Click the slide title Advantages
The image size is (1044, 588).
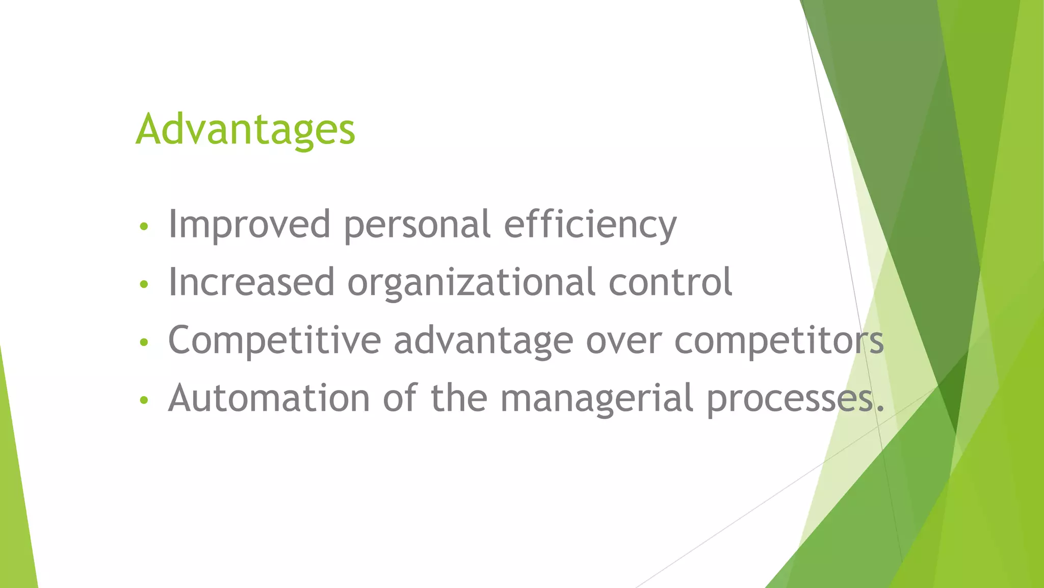pyautogui.click(x=245, y=130)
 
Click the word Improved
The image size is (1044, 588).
pyautogui.click(x=249, y=225)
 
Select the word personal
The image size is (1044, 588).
pyautogui.click(x=417, y=225)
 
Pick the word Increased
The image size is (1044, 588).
pyautogui.click(x=251, y=282)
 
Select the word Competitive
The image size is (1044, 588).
pyautogui.click(x=274, y=340)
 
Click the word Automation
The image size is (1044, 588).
pyautogui.click(x=269, y=398)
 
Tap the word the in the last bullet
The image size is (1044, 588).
pyautogui.click(x=459, y=398)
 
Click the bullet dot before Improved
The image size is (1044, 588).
pyautogui.click(x=144, y=227)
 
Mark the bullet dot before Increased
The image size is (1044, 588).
pyautogui.click(x=144, y=284)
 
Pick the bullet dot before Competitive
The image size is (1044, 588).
pyautogui.click(x=144, y=342)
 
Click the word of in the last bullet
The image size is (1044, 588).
pyautogui.click(x=400, y=398)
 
